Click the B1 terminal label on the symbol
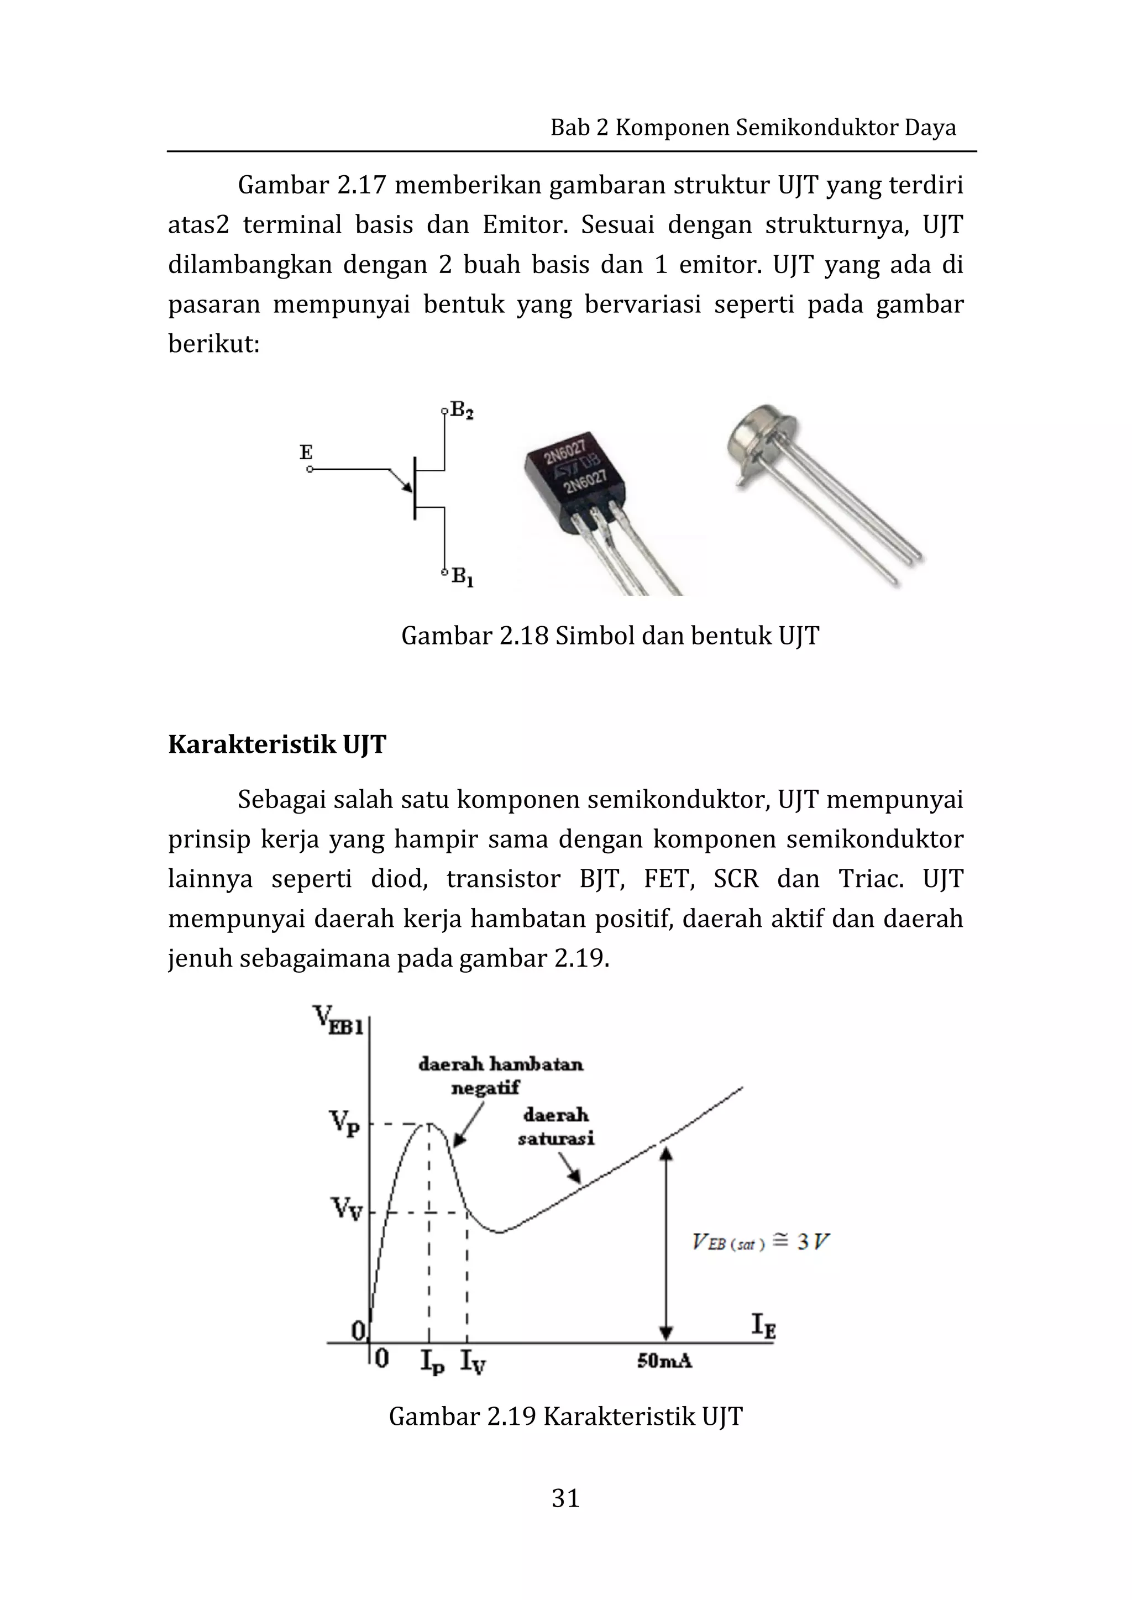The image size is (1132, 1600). point(462,577)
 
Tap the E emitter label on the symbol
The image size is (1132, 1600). point(306,452)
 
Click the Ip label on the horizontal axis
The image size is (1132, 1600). point(432,1361)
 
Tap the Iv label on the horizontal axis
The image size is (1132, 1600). point(473,1361)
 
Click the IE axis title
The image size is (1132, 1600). point(763,1325)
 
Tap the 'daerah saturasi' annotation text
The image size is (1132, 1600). point(555,1127)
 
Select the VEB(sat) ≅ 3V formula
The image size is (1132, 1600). point(761,1242)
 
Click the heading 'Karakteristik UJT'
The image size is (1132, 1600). point(277,745)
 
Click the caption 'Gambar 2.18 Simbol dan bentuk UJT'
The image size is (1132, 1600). point(610,636)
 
